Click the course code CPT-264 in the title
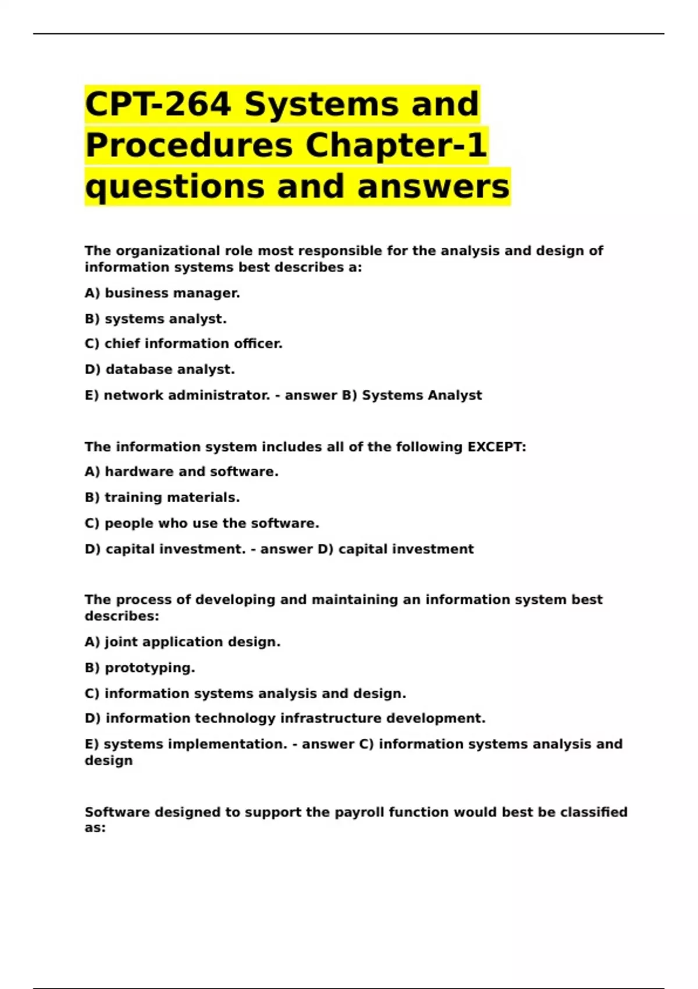[158, 104]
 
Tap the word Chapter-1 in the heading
[396, 145]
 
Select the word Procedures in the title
[189, 145]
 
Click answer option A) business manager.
[162, 293]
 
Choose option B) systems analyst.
[155, 319]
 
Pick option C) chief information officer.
[183, 344]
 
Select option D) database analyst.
[159, 369]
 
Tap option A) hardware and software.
[181, 472]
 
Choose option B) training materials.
[162, 497]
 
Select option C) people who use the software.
[202, 523]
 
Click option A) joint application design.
[183, 642]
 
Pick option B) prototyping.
[140, 668]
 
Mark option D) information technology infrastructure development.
[285, 718]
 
